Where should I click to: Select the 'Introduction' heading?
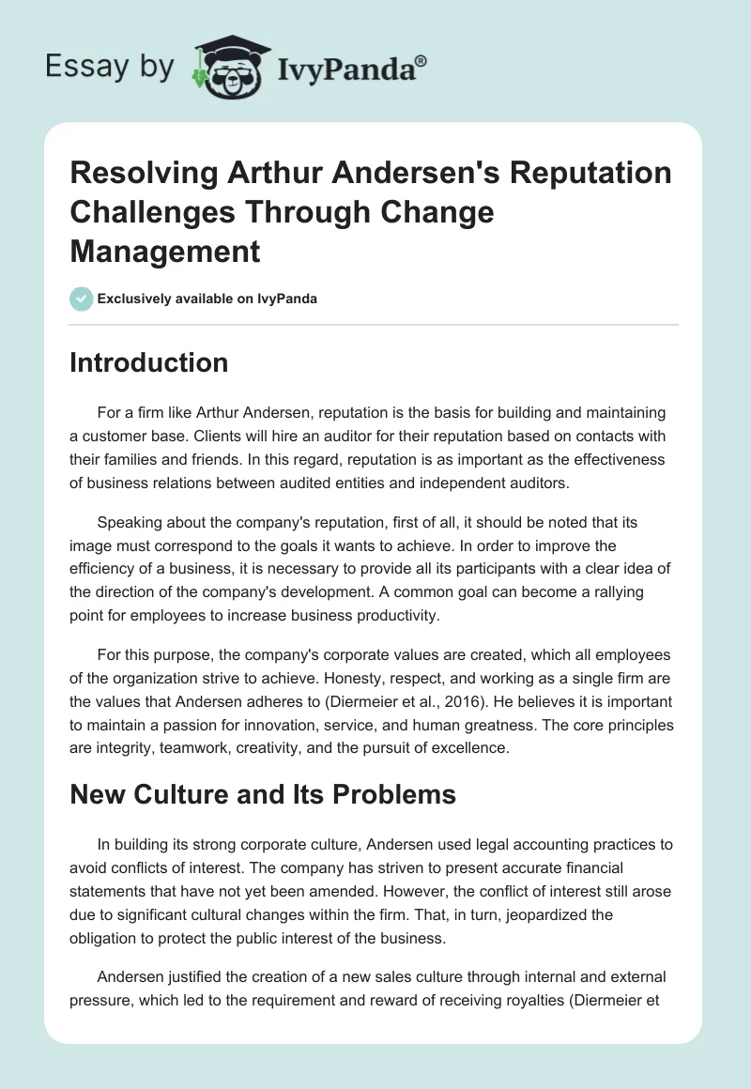click(148, 362)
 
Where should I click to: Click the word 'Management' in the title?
click(164, 251)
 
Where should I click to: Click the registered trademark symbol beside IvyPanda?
click(421, 60)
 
